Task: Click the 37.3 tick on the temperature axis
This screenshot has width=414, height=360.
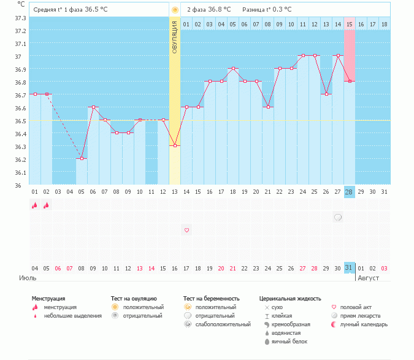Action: point(20,18)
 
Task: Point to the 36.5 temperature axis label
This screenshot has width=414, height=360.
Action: point(20,121)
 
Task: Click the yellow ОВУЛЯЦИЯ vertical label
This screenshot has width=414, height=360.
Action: point(175,37)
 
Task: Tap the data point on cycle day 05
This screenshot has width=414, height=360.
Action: point(82,159)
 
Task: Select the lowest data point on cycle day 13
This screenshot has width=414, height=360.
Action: point(175,146)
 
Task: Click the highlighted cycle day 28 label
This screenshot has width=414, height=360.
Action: point(350,192)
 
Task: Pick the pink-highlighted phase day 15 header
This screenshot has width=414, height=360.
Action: point(350,24)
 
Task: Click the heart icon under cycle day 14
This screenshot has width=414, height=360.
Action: point(186,230)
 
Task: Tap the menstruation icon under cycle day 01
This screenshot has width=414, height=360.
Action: point(35,205)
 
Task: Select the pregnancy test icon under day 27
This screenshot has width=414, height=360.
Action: point(338,217)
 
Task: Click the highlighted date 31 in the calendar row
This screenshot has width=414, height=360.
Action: point(350,268)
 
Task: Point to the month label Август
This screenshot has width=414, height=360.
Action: point(368,278)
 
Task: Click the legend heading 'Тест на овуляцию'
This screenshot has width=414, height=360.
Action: point(134,299)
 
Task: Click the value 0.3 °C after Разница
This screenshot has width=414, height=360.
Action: point(282,10)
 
